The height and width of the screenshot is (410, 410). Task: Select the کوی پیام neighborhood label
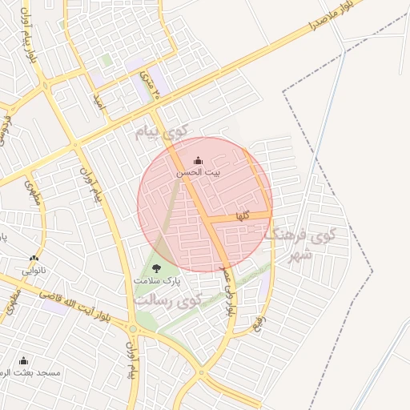coord(160,131)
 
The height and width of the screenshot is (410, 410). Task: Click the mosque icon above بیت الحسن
coord(198,161)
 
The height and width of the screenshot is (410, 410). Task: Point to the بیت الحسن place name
coord(198,173)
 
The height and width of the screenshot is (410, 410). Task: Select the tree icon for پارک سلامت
coord(155,268)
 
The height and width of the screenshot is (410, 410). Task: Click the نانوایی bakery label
coord(33,270)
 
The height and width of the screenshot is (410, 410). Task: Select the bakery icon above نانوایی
coord(33,259)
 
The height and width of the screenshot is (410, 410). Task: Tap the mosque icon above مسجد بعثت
coord(22,360)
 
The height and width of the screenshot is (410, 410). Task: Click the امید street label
coord(99,100)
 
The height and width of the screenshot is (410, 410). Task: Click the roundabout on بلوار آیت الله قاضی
coord(132,329)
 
